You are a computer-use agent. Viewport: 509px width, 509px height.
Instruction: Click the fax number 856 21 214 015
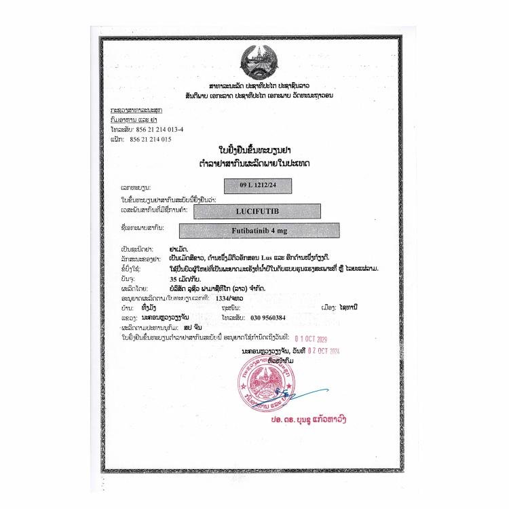pos(150,139)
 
